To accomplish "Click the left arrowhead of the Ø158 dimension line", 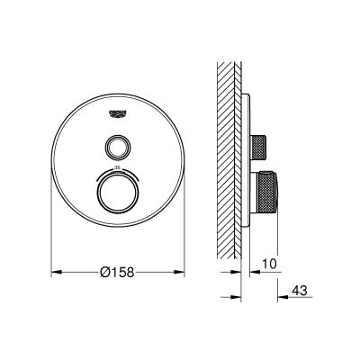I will (53, 269).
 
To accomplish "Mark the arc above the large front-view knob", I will (119, 173).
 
